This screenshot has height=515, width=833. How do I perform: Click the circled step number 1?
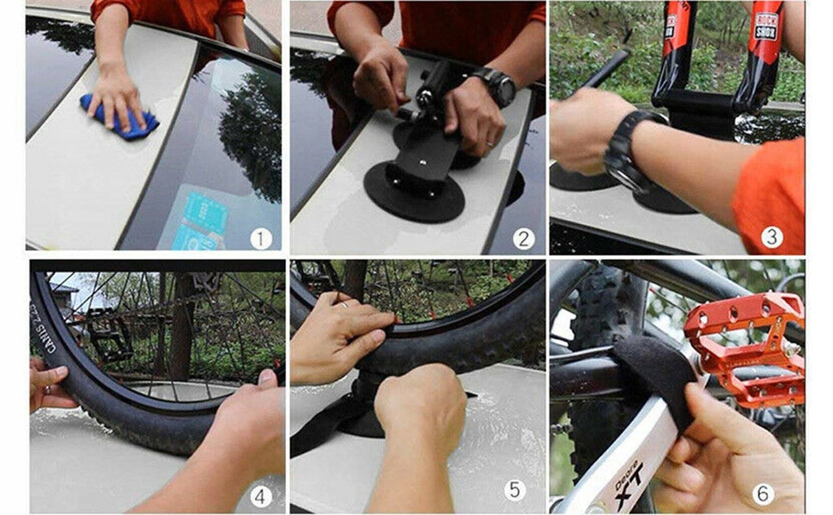pos(261,238)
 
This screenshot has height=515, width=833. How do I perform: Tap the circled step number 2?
pos(522,238)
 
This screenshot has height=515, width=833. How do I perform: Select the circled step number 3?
pos(771,237)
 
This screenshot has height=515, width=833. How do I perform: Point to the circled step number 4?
pos(261,496)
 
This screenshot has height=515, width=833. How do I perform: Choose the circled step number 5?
pos(514,490)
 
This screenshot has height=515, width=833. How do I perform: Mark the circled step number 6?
pos(763,494)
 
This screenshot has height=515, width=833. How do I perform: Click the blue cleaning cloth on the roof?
pos(119,116)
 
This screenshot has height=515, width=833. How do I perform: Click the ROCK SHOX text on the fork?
pos(766,27)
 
